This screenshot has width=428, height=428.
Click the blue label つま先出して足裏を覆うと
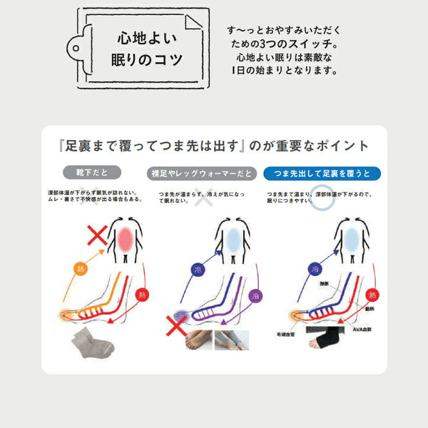tap(322, 173)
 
